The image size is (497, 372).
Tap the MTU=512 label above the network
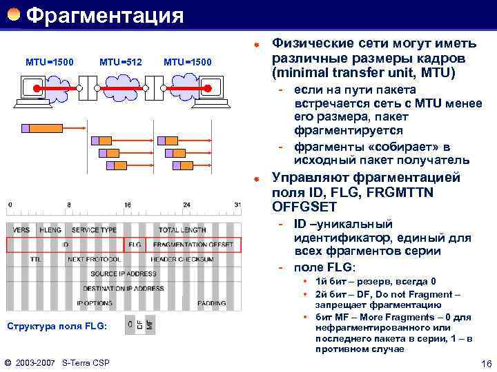coord(121,63)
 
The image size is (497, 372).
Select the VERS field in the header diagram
coord(21,230)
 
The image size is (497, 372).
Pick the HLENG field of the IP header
coord(50,230)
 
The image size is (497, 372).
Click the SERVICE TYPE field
coord(94,230)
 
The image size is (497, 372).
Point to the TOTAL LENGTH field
coord(182,230)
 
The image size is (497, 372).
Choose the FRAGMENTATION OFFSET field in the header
coord(193,245)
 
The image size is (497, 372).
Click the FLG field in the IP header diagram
coord(135,245)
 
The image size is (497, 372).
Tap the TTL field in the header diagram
coord(36,259)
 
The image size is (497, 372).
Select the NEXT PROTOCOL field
coord(94,259)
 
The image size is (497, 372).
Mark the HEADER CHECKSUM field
coord(182,259)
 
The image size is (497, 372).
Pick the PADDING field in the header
coord(211,302)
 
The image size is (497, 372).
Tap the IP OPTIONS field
coord(95,302)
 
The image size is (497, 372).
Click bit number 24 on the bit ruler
coord(186,205)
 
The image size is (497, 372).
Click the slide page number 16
coord(485,362)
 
